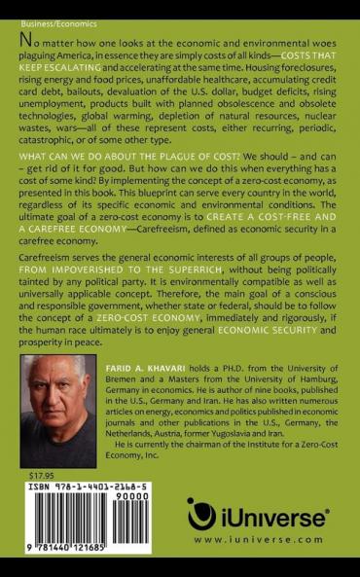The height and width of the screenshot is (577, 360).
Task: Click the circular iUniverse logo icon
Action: pos(201,514)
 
